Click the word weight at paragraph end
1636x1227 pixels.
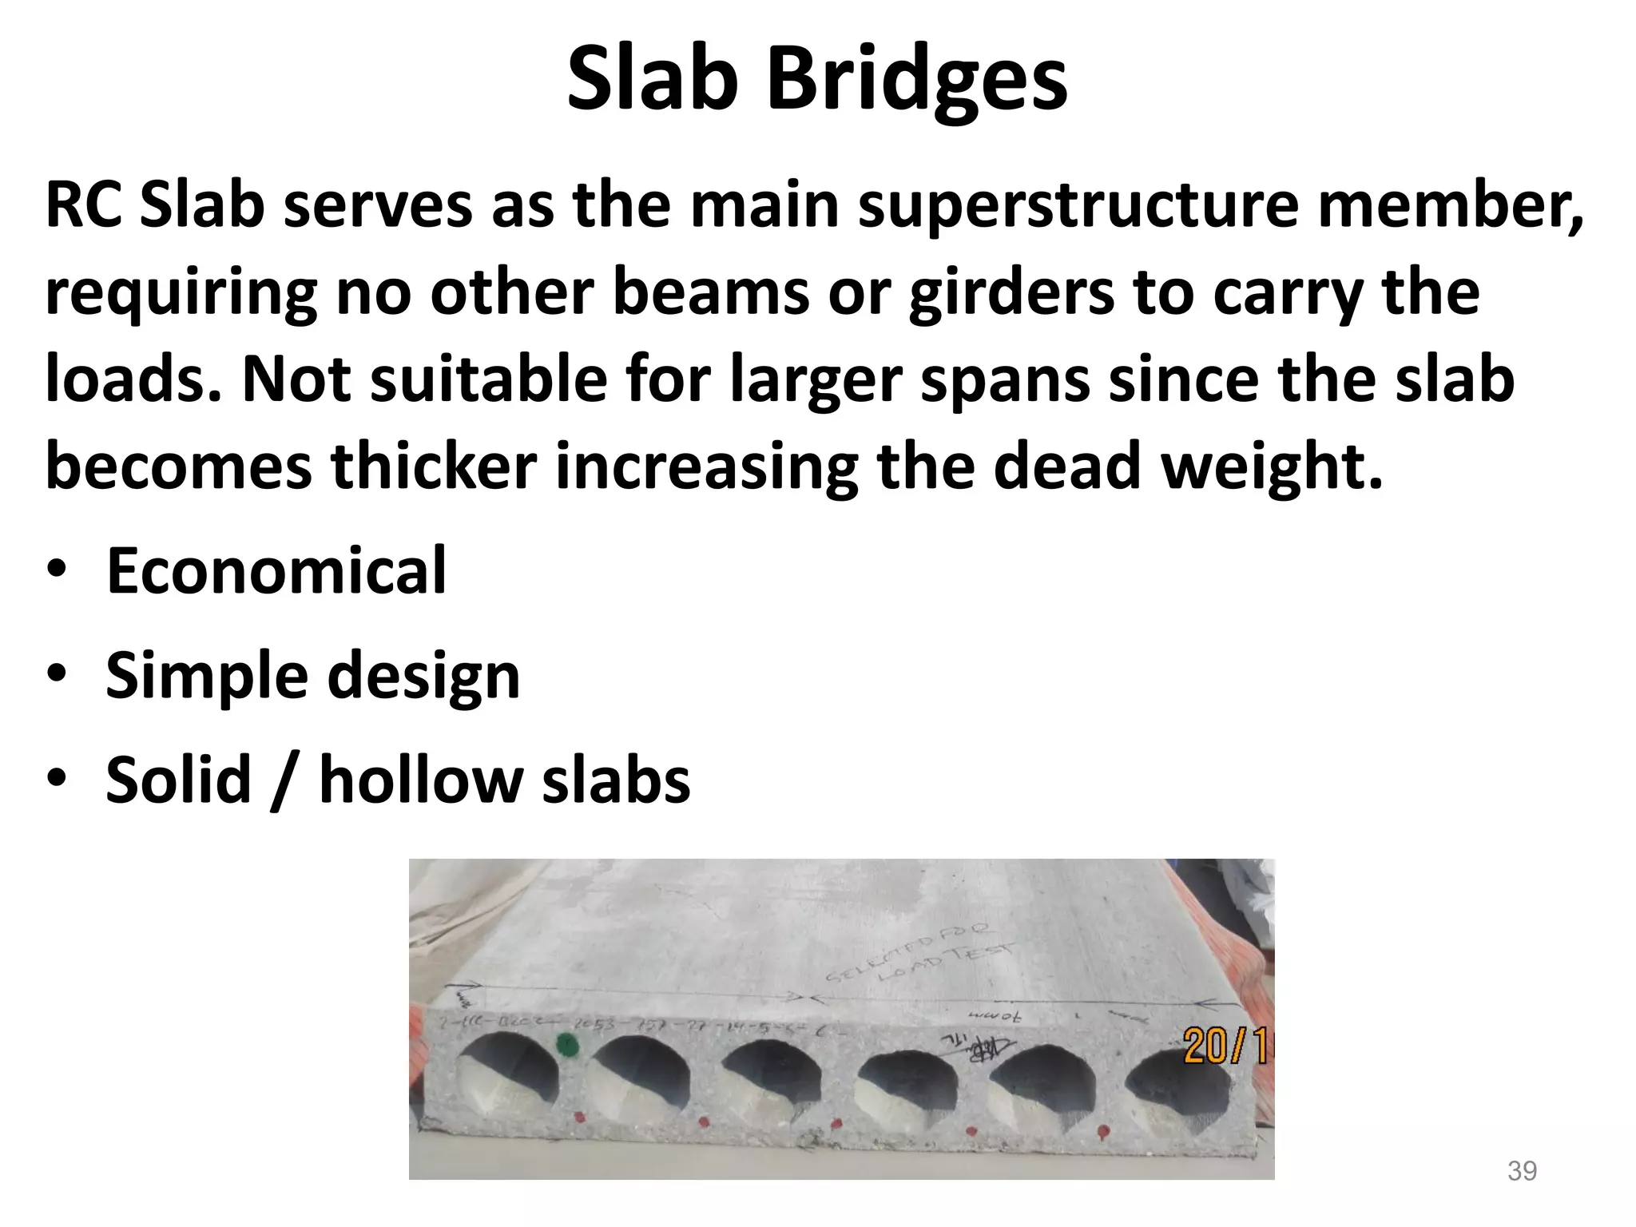click(1270, 467)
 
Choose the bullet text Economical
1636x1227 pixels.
click(276, 570)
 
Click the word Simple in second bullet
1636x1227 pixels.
click(206, 676)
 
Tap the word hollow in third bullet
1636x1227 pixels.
click(420, 780)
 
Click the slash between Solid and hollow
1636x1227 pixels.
click(284, 781)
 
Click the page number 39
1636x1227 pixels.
click(1522, 1171)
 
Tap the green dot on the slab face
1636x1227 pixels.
click(566, 1043)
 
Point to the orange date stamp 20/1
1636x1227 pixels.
click(1227, 1045)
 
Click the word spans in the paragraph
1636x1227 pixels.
click(1005, 379)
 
